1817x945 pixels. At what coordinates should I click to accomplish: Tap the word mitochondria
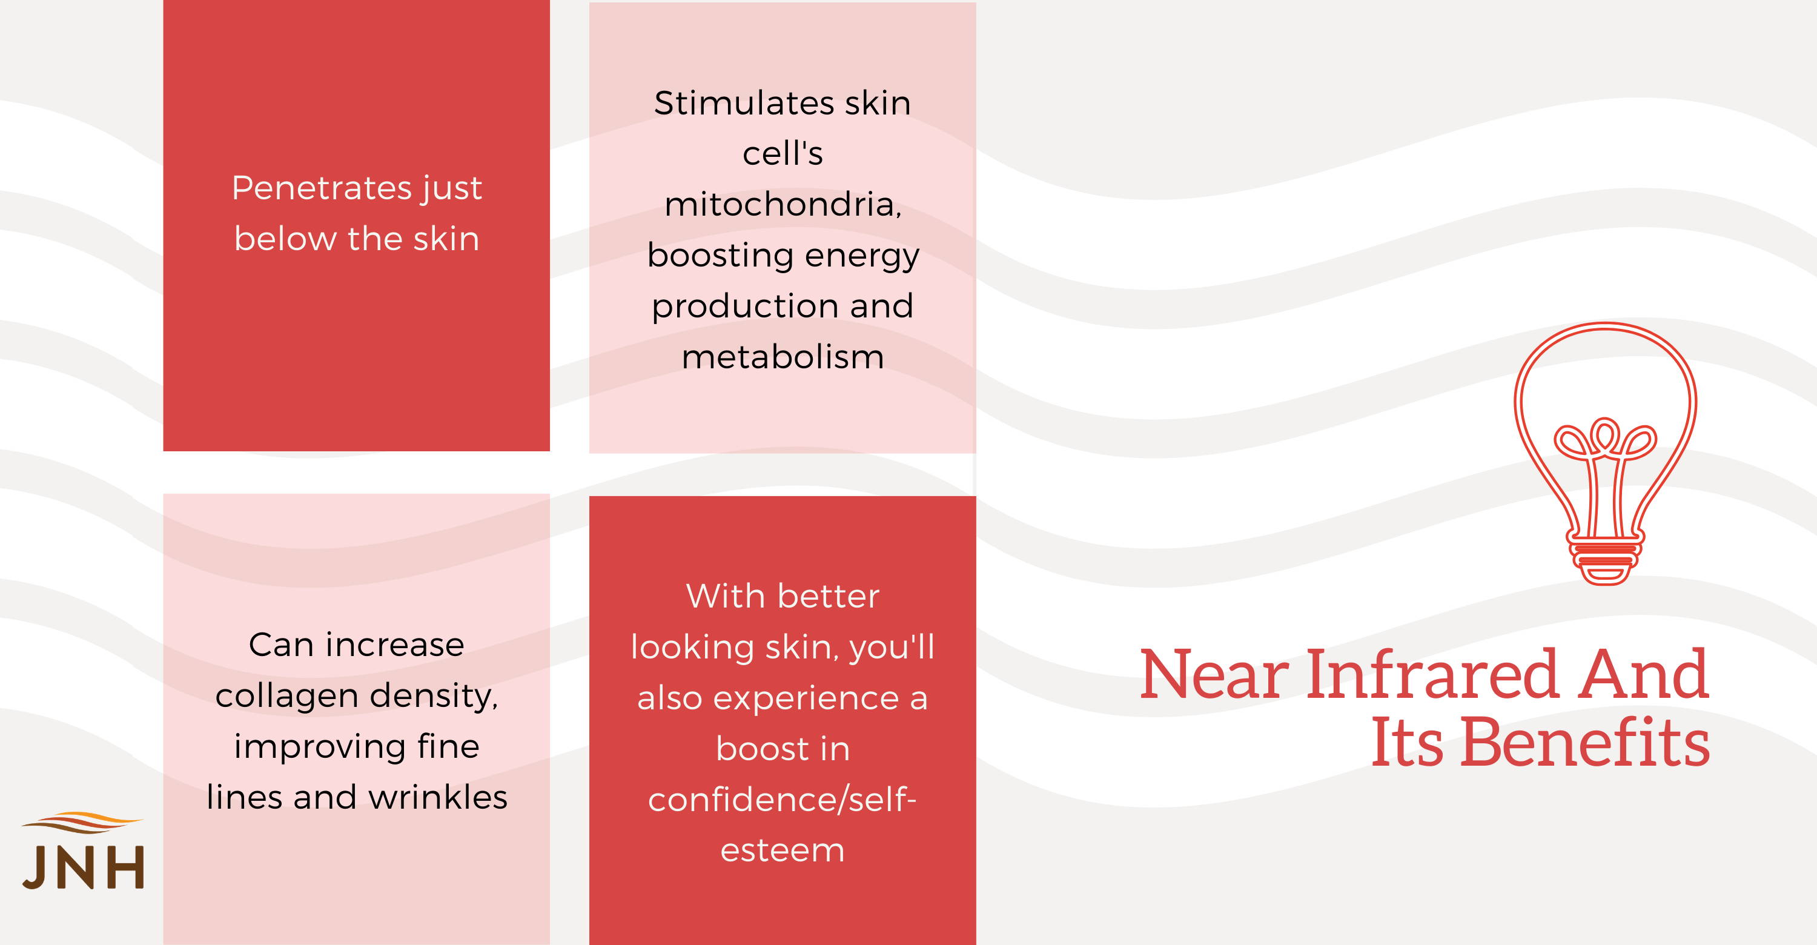[x=783, y=205]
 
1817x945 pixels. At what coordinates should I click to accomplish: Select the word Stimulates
[x=743, y=103]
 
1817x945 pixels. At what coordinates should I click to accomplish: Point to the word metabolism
[x=783, y=357]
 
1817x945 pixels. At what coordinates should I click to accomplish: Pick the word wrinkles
[x=438, y=798]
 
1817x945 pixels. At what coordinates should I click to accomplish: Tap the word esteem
[x=783, y=850]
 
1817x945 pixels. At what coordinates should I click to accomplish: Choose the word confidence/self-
[x=783, y=800]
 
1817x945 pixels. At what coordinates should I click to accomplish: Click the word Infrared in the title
[x=1432, y=675]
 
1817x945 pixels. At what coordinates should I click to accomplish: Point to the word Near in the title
[x=1214, y=675]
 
